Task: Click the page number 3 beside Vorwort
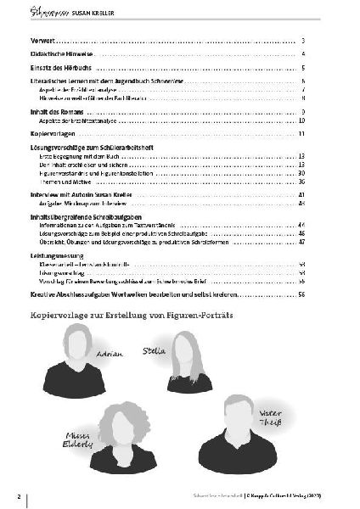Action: (x=302, y=41)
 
